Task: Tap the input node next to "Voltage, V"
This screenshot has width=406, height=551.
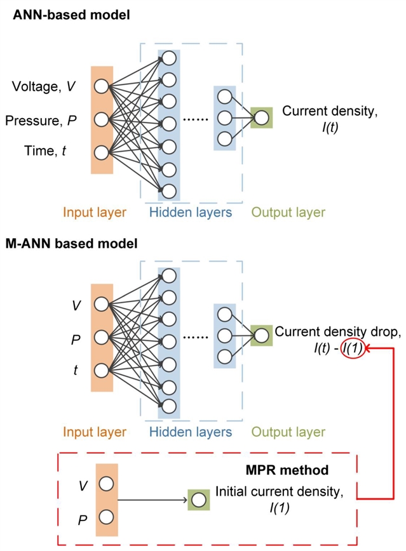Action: (101, 86)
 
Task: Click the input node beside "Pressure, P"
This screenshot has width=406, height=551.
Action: (101, 119)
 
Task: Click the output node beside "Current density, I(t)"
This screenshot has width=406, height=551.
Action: (261, 117)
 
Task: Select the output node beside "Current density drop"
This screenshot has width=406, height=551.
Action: (261, 335)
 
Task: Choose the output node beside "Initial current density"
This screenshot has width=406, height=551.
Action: (199, 500)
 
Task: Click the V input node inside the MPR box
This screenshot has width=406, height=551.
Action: (106, 484)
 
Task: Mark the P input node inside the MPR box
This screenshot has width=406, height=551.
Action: (106, 517)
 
